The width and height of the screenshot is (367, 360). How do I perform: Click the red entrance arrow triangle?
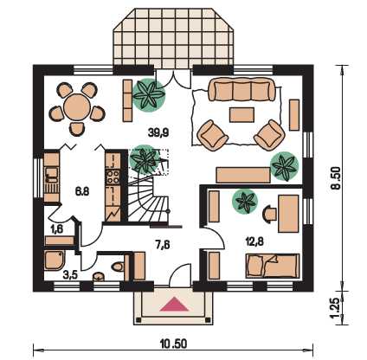(x=174, y=305)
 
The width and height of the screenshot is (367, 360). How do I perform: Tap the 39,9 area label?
(x=158, y=132)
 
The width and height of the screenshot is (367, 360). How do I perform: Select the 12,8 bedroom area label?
(x=254, y=241)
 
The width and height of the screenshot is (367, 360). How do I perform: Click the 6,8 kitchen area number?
(x=82, y=191)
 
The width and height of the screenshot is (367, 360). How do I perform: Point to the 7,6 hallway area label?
(x=163, y=245)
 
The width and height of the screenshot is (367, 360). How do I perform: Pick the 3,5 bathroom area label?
(x=70, y=275)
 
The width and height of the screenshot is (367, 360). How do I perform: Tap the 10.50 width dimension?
(x=173, y=344)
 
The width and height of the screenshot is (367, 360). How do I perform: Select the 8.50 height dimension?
(x=337, y=178)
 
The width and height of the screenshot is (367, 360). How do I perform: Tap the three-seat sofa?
(x=241, y=89)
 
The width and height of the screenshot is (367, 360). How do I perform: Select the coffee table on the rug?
(x=241, y=115)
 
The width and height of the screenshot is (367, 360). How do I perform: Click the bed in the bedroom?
(x=273, y=266)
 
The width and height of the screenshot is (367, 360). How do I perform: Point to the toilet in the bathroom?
(x=119, y=267)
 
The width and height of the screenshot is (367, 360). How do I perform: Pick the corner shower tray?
(x=55, y=260)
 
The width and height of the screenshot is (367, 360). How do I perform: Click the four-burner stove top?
(x=113, y=177)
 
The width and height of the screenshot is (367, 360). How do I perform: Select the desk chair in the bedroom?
(x=269, y=214)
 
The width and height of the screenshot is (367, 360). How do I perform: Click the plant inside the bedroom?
(x=245, y=201)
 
